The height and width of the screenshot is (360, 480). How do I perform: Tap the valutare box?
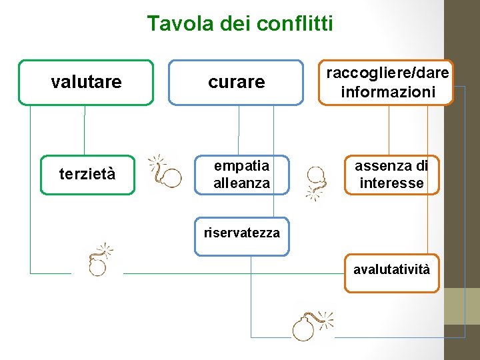[x=86, y=83]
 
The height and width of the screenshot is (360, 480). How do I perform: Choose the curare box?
[x=236, y=83]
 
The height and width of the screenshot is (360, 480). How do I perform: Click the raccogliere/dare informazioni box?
[x=387, y=83]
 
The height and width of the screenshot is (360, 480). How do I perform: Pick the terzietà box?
[x=87, y=175]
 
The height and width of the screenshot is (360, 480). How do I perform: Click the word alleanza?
[x=241, y=183]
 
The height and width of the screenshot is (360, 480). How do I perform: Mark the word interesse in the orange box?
[x=391, y=183]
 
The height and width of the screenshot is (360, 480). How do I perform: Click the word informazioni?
[x=387, y=91]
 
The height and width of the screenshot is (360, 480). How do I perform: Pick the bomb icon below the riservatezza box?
[x=311, y=326]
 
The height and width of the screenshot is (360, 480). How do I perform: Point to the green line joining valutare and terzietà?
[x=85, y=130]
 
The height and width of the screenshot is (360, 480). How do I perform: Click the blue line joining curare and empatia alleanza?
[x=239, y=130]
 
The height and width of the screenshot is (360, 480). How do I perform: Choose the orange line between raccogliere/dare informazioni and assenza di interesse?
[x=389, y=130]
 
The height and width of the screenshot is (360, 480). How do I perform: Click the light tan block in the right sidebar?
[x=462, y=306]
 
